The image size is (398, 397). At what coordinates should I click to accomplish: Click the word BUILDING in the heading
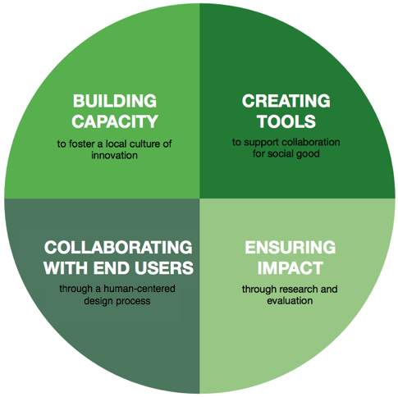(115, 101)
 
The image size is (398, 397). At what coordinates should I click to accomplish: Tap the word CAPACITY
(115, 121)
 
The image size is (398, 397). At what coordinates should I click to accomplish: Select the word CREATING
(286, 101)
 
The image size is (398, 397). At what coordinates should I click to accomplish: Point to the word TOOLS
(286, 121)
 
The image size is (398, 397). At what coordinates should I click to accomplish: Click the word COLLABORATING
(118, 247)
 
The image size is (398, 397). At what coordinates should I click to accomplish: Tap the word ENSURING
(290, 247)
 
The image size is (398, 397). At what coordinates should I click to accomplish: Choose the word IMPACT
(290, 267)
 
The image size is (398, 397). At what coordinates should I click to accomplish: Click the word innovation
(114, 155)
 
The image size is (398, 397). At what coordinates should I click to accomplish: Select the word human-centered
(140, 289)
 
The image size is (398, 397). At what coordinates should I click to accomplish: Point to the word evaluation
(290, 300)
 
